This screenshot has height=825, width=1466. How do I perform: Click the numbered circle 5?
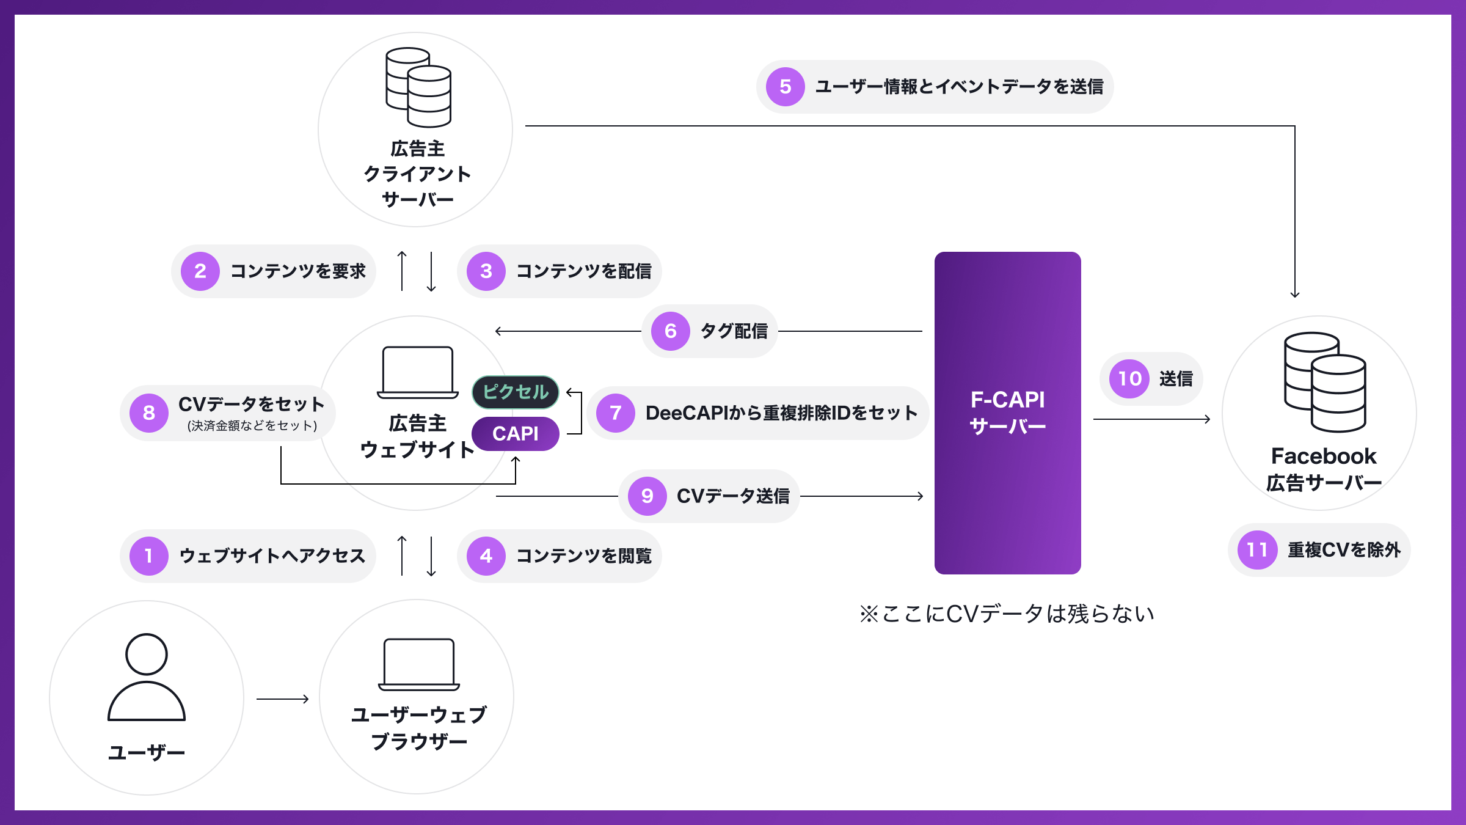pyautogui.click(x=785, y=87)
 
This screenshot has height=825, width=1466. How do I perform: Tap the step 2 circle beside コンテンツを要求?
pyautogui.click(x=200, y=271)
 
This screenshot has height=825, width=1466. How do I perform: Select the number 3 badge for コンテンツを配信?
pyautogui.click(x=486, y=271)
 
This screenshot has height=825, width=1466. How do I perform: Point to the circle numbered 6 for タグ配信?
pyautogui.click(x=671, y=331)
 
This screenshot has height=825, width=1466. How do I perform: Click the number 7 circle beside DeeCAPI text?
pyautogui.click(x=616, y=413)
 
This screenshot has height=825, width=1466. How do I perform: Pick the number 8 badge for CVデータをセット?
pyautogui.click(x=149, y=413)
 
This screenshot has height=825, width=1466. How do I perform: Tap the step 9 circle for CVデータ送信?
pyautogui.click(x=647, y=496)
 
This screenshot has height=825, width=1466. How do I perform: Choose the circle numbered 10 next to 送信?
pyautogui.click(x=1129, y=379)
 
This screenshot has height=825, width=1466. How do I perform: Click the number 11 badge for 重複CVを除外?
pyautogui.click(x=1257, y=550)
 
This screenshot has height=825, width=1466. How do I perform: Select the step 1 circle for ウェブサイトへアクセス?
pyautogui.click(x=149, y=556)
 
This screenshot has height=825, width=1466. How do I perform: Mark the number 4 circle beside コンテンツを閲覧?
pyautogui.click(x=486, y=556)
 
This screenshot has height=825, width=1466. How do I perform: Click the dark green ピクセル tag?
pyautogui.click(x=516, y=392)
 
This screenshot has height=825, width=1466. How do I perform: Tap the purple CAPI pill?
pyautogui.click(x=516, y=434)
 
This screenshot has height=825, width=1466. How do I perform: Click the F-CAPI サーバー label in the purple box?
pyautogui.click(x=1008, y=413)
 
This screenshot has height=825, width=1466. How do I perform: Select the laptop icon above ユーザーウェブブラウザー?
pyautogui.click(x=419, y=664)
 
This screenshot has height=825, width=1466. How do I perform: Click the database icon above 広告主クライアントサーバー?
pyautogui.click(x=418, y=87)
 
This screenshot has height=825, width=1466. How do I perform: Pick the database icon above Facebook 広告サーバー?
pyautogui.click(x=1325, y=382)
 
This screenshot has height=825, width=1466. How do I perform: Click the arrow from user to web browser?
pyautogui.click(x=282, y=698)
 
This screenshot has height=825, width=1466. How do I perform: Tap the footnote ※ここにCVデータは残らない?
pyautogui.click(x=1007, y=614)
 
